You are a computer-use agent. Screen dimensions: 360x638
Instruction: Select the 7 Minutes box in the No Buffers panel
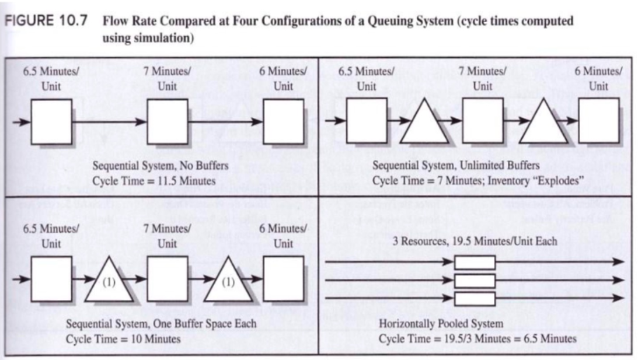click(168, 121)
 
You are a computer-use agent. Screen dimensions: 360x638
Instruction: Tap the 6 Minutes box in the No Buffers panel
click(283, 121)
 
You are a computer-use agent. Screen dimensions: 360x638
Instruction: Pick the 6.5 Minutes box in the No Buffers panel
click(51, 121)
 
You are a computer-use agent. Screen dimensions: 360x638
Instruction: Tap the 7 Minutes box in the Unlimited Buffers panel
click(482, 121)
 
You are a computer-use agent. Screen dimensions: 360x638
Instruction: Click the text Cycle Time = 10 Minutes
click(123, 338)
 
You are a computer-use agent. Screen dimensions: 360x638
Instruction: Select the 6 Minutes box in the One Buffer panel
click(283, 279)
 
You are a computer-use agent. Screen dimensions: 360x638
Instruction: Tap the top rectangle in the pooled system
click(475, 262)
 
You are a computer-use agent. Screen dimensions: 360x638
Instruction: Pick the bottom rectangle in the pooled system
click(475, 299)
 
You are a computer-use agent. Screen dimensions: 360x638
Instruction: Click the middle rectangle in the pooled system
click(475, 281)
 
